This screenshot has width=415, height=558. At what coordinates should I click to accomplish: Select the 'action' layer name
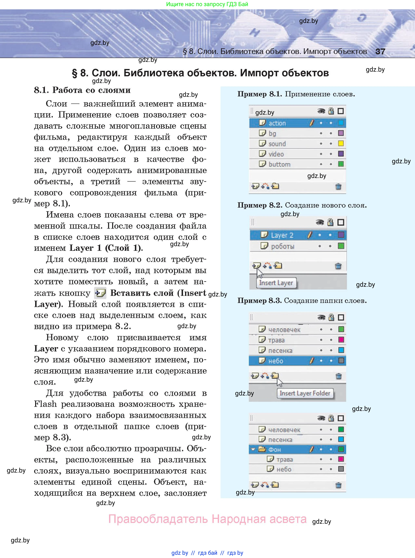277,123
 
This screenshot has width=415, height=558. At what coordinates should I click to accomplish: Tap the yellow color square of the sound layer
341,143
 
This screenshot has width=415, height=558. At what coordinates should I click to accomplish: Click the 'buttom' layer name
279,164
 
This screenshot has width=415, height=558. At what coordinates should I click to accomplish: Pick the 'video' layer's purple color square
341,154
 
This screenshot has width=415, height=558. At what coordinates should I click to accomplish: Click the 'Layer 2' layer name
282,235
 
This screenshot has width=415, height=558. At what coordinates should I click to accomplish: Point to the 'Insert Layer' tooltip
276,283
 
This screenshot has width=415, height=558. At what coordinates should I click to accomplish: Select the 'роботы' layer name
283,246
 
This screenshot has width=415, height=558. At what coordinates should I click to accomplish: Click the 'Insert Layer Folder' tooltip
305,393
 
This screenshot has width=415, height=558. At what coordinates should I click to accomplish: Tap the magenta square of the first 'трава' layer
341,340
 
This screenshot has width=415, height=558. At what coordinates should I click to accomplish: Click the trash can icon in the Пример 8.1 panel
338,186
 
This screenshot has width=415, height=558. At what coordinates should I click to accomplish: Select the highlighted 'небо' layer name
276,361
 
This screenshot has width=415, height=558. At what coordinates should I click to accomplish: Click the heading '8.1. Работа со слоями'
82,90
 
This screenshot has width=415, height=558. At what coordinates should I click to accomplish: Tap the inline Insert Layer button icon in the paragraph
100,293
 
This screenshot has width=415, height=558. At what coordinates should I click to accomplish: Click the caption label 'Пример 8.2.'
260,205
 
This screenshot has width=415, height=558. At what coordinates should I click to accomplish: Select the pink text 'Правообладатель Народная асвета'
207,519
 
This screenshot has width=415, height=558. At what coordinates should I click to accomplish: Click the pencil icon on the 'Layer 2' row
310,235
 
